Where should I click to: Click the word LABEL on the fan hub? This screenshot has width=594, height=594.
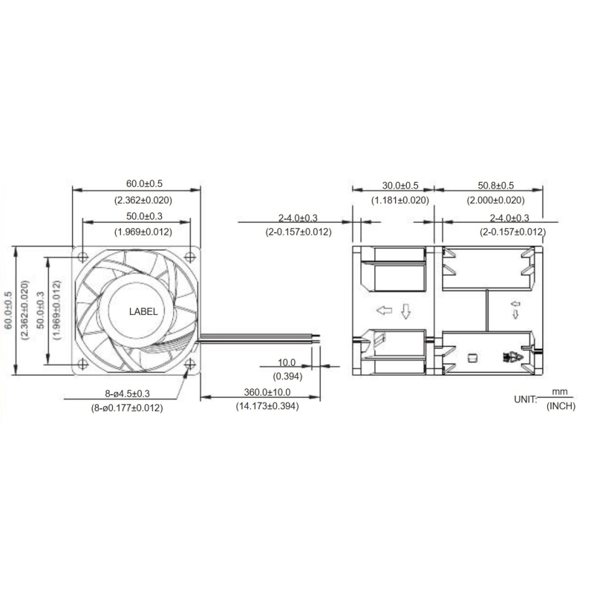143,312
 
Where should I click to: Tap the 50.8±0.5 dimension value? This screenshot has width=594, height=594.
495,186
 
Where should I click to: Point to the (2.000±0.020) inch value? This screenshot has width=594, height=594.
495,200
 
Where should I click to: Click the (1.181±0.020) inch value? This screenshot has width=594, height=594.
399,200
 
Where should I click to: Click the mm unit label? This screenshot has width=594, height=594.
560,391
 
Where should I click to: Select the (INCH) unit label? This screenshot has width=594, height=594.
561,406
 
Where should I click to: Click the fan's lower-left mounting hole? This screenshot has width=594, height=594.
82,365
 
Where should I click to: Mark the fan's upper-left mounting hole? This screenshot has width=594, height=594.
82,257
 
